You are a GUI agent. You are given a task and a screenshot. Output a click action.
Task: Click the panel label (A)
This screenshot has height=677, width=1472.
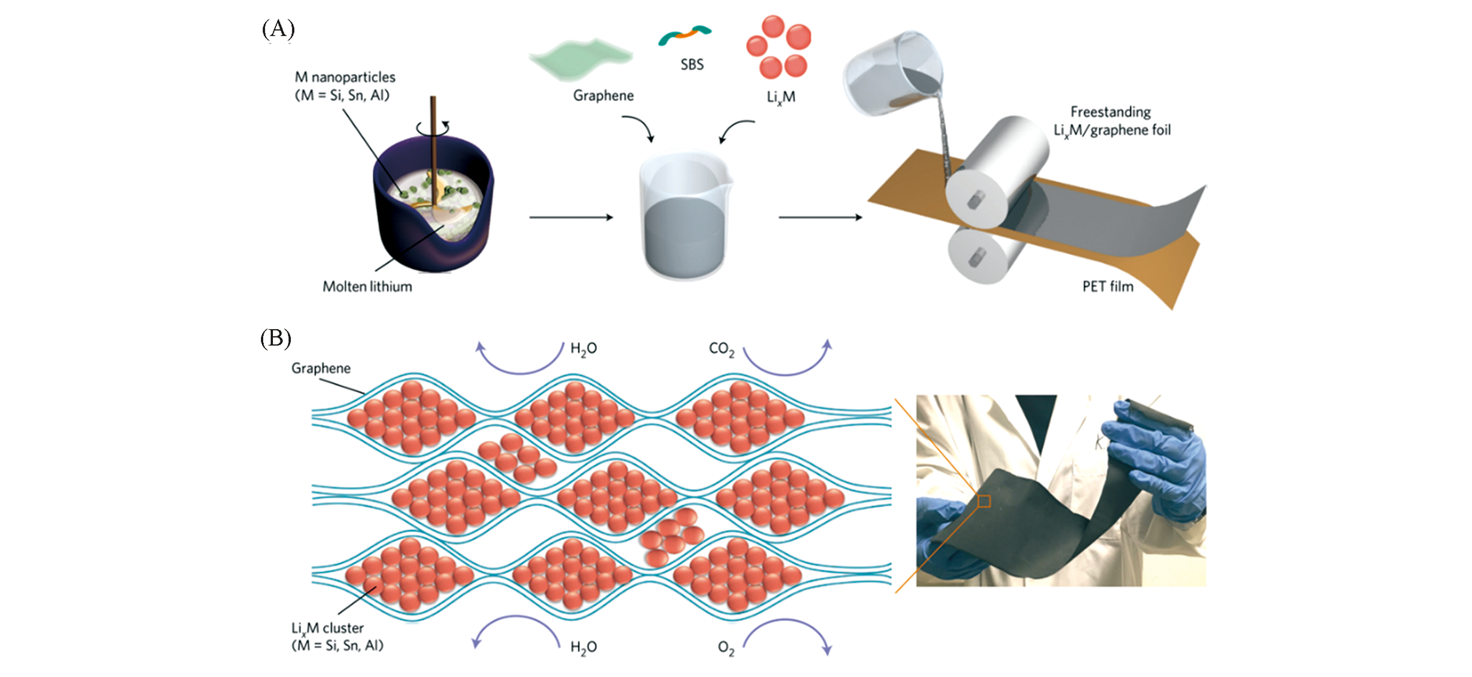click(278, 29)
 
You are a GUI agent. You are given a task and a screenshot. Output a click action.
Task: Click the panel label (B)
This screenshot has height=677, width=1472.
click(276, 338)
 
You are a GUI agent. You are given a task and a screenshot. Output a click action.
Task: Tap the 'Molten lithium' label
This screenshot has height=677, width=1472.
click(367, 286)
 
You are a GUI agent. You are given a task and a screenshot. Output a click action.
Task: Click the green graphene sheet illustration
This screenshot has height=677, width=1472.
click(580, 58)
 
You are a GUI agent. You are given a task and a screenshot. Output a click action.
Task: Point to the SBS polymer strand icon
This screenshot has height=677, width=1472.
click(684, 34)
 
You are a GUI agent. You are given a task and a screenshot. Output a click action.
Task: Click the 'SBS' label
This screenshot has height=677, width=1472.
click(692, 64)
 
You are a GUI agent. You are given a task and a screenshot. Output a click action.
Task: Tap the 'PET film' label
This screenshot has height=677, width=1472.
click(1107, 286)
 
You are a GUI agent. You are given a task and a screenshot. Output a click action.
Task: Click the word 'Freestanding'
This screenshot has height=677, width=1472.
click(1110, 112)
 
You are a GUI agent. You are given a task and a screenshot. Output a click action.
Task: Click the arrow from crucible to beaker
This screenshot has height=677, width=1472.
click(571, 217)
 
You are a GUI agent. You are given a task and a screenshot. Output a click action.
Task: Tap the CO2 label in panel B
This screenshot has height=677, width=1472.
click(721, 349)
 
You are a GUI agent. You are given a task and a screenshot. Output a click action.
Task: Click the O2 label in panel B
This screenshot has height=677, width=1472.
click(725, 648)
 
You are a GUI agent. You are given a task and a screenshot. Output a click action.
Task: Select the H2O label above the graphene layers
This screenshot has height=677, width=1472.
click(583, 349)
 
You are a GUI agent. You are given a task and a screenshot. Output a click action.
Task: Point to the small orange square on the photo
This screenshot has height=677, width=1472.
click(983, 501)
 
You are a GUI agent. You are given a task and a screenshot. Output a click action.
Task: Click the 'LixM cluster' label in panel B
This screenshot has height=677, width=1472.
click(327, 628)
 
